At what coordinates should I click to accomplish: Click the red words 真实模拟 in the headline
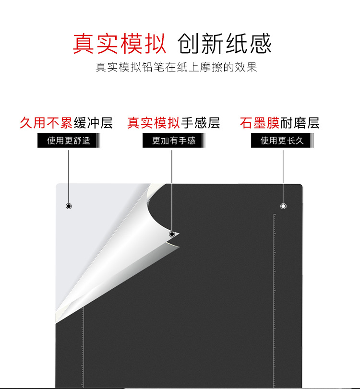tap(120, 44)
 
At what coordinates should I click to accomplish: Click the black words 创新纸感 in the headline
tap(224, 44)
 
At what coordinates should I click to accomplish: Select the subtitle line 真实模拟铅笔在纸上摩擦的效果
tap(176, 67)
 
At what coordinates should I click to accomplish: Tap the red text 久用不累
tap(46, 123)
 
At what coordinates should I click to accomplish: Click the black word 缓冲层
tap(93, 123)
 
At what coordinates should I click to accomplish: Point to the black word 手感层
tap(200, 123)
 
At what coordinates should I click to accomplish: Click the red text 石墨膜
tap(259, 123)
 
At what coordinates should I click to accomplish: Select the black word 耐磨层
tap(300, 123)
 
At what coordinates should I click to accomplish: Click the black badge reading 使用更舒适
tap(68, 141)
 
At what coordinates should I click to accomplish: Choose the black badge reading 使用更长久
tap(282, 141)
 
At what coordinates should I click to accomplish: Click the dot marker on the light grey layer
tap(69, 206)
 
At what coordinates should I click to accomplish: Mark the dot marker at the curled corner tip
tap(172, 234)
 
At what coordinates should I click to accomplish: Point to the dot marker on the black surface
tap(283, 206)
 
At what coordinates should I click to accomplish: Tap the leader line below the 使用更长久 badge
tap(283, 175)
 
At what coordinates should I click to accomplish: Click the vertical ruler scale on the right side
tap(275, 297)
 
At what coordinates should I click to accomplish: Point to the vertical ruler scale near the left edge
tap(83, 345)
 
